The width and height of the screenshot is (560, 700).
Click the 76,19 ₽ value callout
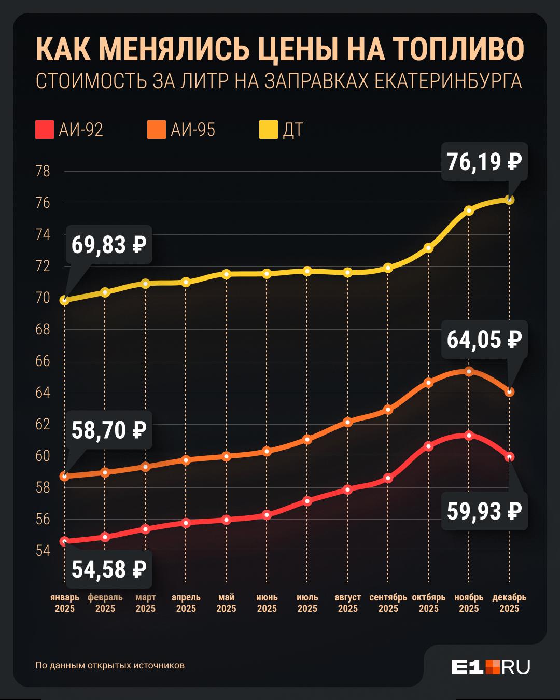click(x=484, y=162)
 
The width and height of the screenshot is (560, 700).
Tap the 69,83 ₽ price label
click(x=109, y=244)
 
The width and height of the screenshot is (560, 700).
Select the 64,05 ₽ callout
click(x=484, y=340)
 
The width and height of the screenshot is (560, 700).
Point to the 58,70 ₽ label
click(x=109, y=430)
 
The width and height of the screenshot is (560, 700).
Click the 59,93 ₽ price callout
click(x=484, y=511)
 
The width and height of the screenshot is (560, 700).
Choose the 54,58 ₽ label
click(x=109, y=569)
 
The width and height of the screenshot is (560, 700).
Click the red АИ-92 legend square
click(x=45, y=130)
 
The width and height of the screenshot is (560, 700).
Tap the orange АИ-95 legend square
click(x=157, y=130)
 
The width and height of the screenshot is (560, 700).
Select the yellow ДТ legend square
click(x=269, y=130)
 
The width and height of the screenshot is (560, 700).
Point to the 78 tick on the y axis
click(x=43, y=171)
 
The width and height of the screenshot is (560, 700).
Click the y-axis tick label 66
click(x=43, y=361)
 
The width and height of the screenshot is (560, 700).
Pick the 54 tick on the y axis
click(x=43, y=551)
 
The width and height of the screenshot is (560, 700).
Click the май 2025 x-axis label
click(x=226, y=603)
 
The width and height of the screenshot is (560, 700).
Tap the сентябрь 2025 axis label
click(x=388, y=603)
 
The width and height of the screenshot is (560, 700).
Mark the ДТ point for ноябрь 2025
click(x=469, y=211)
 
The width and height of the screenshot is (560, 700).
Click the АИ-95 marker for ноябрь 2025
click(x=469, y=371)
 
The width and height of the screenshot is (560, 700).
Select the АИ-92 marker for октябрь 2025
click(x=428, y=446)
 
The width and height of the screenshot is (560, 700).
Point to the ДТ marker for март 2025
click(x=146, y=283)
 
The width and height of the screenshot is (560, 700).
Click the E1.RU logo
click(x=491, y=667)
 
